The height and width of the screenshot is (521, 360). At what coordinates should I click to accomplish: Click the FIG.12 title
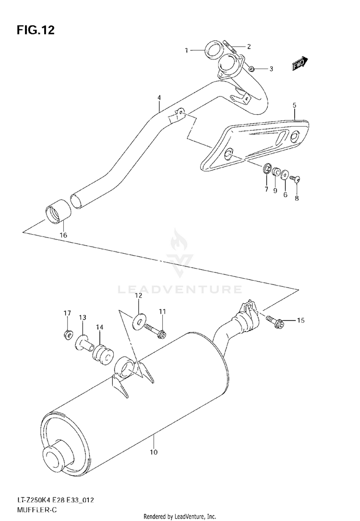coord(36,31)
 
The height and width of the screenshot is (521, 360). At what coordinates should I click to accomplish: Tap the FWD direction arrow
coord(300,64)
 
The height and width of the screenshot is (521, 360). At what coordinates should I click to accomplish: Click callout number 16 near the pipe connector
coord(63,235)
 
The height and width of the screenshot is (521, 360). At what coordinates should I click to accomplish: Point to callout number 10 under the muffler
coord(154,451)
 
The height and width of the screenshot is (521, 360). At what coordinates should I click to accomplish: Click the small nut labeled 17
coord(68,333)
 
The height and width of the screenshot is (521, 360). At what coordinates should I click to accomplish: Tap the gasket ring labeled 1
coord(213,49)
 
